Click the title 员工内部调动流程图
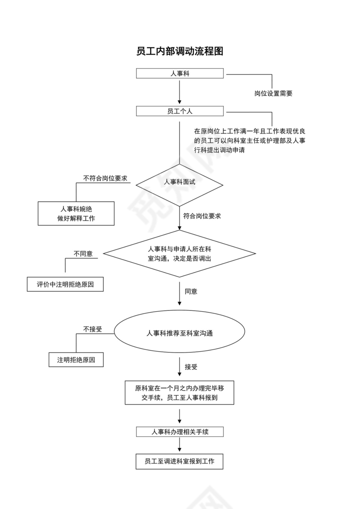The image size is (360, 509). click(x=180, y=51)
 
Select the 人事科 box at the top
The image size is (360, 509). click(x=180, y=73)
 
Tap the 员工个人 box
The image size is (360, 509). click(x=180, y=111)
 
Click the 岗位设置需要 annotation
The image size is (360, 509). click(x=273, y=93)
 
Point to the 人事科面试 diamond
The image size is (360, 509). click(x=180, y=183)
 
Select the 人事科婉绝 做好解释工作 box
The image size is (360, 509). click(x=76, y=213)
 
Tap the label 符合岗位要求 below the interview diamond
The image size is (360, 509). click(x=202, y=216)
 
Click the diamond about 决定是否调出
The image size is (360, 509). click(x=180, y=254)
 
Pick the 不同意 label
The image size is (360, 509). click(x=83, y=254)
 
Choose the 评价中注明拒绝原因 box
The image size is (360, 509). click(x=65, y=284)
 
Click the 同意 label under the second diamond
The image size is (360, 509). click(x=191, y=291)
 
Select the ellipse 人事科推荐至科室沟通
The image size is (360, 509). click(x=180, y=334)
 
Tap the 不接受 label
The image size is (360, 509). click(x=92, y=329)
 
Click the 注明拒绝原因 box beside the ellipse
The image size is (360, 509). click(x=76, y=360)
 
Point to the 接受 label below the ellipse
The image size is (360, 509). click(x=191, y=367)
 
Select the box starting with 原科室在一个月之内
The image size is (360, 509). click(x=180, y=393)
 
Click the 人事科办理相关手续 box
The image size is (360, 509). click(x=180, y=432)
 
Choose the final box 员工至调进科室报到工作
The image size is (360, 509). click(x=180, y=461)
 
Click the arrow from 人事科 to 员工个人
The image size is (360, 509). click(x=180, y=91)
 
